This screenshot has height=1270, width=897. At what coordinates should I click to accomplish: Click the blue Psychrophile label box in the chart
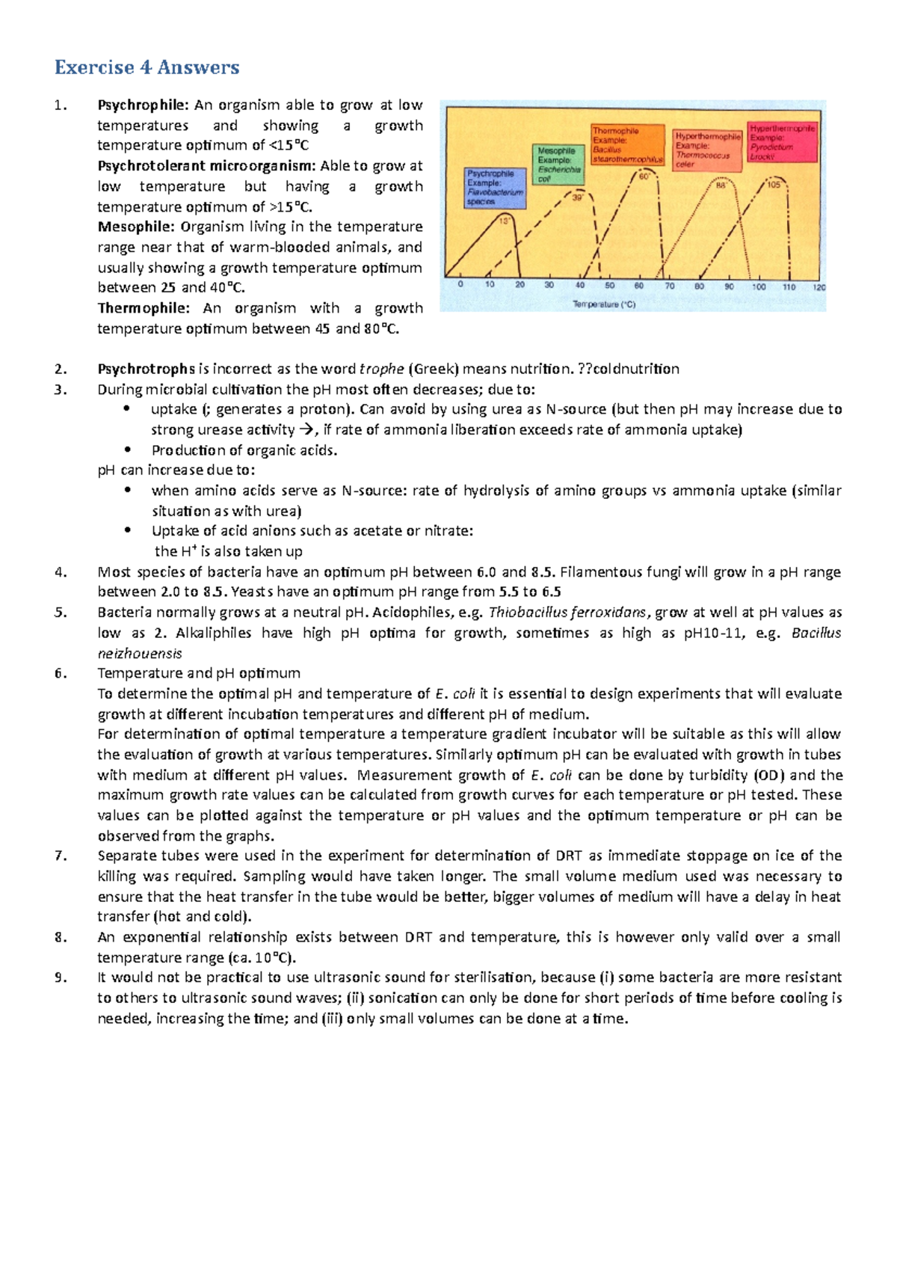click(494, 187)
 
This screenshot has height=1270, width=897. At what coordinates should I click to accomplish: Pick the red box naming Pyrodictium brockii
click(783, 143)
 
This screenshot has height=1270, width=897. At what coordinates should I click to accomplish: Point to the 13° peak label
click(505, 221)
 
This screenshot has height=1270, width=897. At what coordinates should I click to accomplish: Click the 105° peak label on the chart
click(774, 185)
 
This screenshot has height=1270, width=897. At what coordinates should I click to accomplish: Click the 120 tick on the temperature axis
click(819, 287)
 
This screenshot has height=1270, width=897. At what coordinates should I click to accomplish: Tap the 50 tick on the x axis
click(610, 286)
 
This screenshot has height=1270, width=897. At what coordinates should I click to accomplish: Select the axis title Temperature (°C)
click(604, 304)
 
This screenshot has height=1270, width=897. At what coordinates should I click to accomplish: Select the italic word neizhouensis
click(140, 653)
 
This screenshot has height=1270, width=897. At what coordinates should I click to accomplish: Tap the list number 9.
click(61, 978)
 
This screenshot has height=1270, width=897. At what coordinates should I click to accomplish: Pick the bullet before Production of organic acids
click(128, 450)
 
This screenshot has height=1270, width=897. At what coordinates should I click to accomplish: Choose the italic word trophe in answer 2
click(382, 369)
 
